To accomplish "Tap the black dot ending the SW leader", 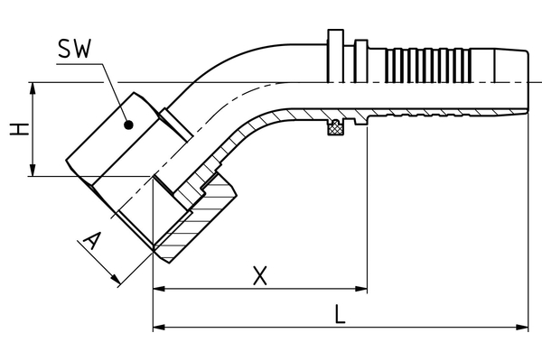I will [129, 125].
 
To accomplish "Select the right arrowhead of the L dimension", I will [524, 326].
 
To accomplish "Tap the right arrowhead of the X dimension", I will [361, 289].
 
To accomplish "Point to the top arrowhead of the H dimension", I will [33, 88].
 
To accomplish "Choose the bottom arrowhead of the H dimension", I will [33, 171].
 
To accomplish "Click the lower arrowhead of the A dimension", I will [117, 282].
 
